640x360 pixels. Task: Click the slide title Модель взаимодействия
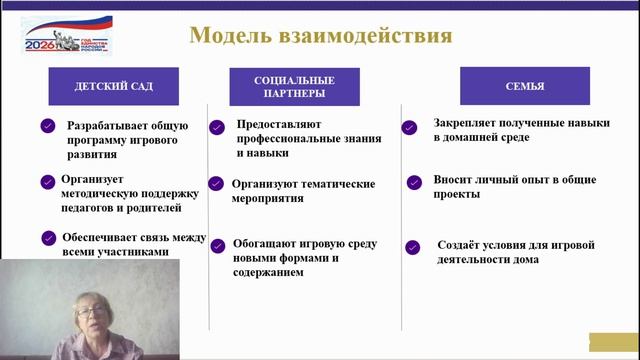320,37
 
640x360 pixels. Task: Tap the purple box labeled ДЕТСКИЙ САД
113,87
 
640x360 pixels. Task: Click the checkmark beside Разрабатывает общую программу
47,127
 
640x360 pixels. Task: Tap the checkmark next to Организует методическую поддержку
47,182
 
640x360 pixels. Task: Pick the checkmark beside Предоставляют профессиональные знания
217,127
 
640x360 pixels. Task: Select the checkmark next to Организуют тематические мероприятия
215,184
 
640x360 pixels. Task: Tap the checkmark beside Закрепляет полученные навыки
409,127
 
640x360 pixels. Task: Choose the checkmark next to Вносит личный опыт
413,182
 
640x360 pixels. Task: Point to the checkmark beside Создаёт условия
413,246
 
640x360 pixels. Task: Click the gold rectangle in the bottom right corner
613,341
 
